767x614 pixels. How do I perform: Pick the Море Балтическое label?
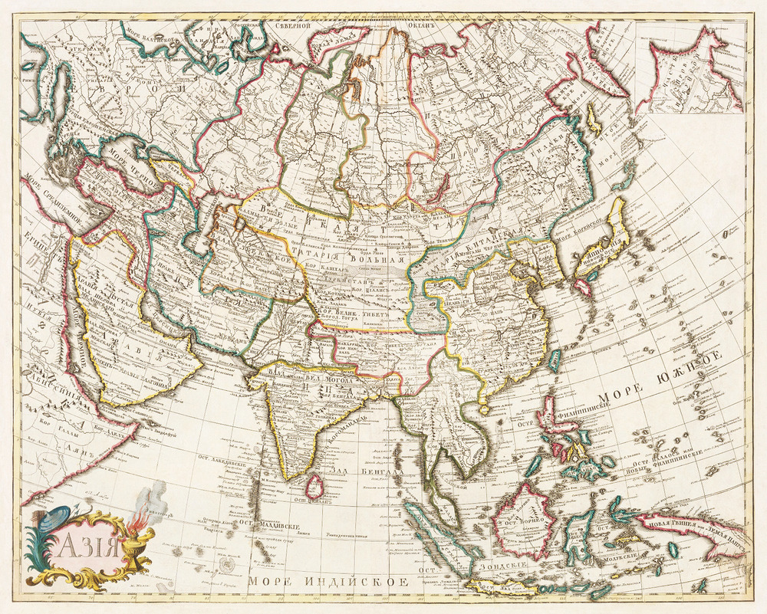pos(149,35)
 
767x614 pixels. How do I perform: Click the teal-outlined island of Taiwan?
pos(554,360)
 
